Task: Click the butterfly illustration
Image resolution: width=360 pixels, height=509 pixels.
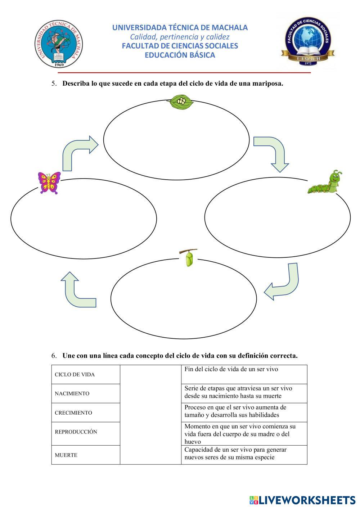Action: coord(49,183)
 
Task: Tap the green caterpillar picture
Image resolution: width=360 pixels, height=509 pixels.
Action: coord(325,183)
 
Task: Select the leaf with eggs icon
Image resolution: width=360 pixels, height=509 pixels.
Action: coord(181,102)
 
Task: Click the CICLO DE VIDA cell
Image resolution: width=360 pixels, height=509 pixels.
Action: coord(86,374)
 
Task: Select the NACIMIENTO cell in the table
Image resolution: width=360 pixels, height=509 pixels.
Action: coord(86,393)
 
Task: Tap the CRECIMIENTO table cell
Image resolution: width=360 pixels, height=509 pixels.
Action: coord(86,413)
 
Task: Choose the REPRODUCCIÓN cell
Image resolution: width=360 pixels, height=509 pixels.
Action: coord(86,432)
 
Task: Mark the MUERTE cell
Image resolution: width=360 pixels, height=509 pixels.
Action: coord(86,455)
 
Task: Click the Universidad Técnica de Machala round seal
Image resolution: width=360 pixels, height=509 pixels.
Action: coord(59,44)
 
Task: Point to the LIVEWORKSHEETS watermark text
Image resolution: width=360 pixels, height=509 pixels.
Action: coord(302,500)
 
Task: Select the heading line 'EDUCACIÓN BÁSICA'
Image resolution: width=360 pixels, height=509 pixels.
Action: coord(180,55)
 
